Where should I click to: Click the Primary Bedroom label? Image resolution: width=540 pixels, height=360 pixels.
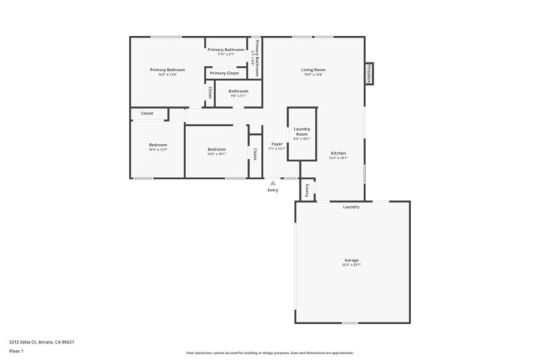(167, 71)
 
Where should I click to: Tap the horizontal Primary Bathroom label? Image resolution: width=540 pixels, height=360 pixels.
(226, 51)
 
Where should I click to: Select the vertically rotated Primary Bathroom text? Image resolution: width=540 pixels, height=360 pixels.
(256, 58)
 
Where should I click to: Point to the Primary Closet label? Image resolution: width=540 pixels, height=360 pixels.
(224, 73)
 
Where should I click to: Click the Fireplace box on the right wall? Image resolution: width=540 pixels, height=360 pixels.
(369, 73)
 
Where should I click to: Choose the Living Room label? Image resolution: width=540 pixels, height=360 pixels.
(313, 71)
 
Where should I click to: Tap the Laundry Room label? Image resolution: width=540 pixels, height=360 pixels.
(301, 133)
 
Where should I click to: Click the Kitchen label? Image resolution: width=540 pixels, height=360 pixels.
(338, 155)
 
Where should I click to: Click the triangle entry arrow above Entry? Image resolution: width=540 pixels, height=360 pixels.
(273, 182)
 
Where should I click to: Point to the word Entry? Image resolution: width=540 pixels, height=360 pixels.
(273, 190)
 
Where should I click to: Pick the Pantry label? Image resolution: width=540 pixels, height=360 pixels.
(307, 189)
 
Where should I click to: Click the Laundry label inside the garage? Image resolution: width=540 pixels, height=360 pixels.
(352, 207)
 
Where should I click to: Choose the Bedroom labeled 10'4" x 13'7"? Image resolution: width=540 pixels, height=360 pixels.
(157, 146)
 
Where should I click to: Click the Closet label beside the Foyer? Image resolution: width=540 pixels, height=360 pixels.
(255, 154)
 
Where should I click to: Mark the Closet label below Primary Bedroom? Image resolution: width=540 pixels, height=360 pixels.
(147, 113)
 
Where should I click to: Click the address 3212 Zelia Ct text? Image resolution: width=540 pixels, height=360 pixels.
(41, 342)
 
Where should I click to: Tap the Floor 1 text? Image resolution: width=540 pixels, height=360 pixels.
(16, 350)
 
